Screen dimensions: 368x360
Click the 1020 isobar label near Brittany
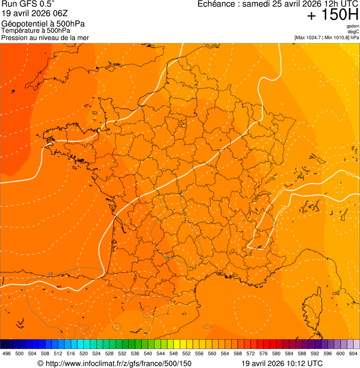pos(87,140)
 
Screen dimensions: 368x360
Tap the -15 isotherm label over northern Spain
pos(50,274)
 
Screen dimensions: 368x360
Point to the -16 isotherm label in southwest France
pos(166,258)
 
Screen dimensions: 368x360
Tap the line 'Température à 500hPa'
pos(36,31)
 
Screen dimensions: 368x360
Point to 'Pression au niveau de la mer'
pos(45,37)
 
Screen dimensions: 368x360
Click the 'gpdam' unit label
pos(353,26)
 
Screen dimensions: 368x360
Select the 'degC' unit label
pos(353,31)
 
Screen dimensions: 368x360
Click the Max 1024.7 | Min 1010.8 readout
pos(327,37)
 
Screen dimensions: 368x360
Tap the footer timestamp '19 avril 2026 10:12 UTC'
pos(282,363)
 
